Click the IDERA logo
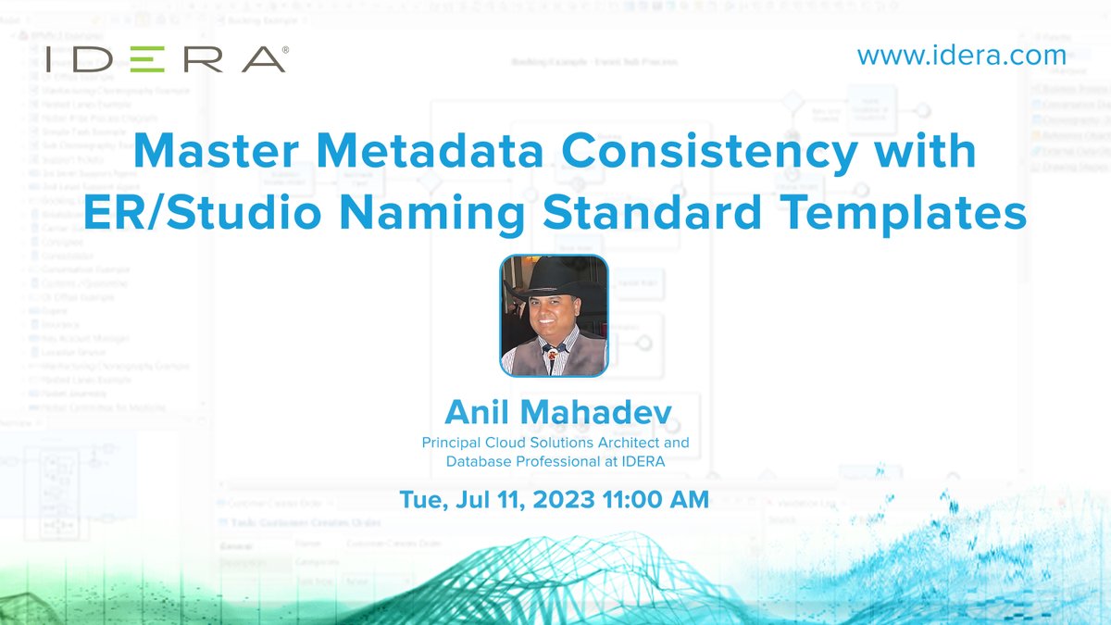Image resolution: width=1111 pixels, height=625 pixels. coord(165,59)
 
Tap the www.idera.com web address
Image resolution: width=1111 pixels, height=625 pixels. coord(961,55)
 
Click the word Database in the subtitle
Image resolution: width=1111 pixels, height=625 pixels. coord(481,460)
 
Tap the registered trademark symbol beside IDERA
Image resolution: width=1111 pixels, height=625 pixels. coord(285,48)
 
